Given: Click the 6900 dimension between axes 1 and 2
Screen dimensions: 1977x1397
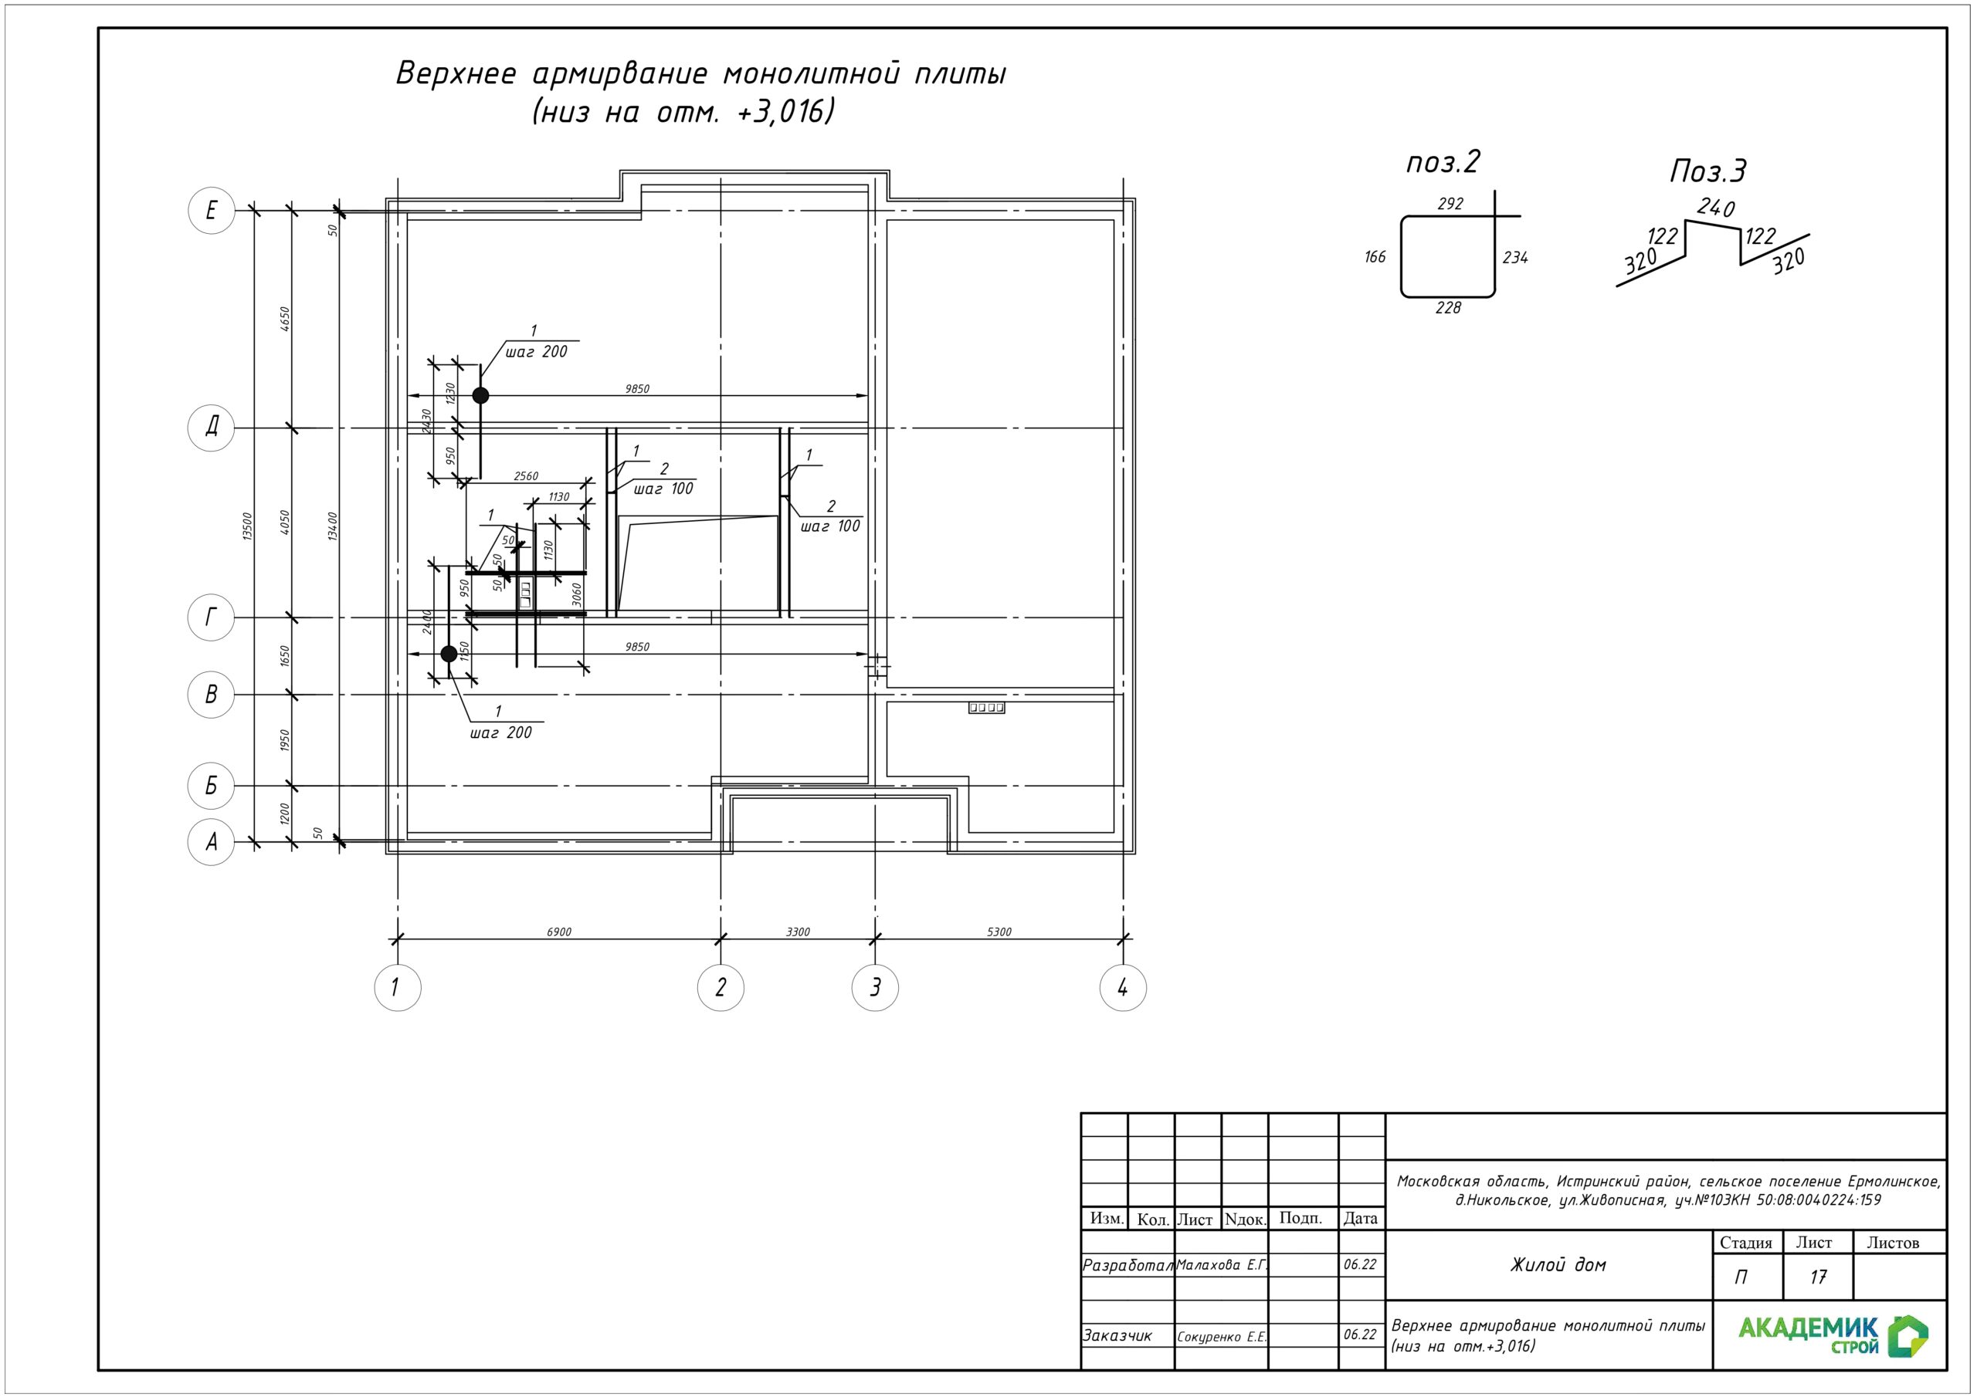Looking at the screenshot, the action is coord(559,932).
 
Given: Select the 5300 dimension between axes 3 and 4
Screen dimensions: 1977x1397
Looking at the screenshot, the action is coord(999,932).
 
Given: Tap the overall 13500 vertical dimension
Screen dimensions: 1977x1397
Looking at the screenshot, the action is coord(247,526).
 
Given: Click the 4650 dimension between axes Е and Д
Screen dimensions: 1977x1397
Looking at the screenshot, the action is coord(285,319).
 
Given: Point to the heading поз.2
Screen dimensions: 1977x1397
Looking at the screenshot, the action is coord(1443,162).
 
